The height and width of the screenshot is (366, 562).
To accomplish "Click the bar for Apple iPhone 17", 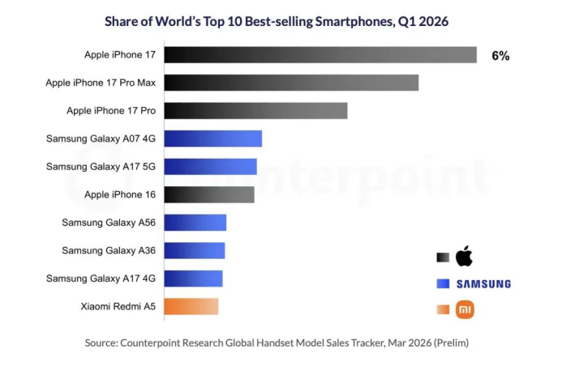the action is click(x=320, y=55).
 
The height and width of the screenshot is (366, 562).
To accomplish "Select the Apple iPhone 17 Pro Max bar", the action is click(x=291, y=83).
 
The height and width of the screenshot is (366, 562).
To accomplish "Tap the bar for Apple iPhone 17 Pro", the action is click(x=256, y=111).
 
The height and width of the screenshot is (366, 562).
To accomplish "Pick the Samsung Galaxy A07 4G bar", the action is click(x=213, y=138).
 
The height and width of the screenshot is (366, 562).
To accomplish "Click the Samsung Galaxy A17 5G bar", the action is click(x=211, y=166).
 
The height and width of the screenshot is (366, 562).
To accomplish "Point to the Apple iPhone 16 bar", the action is click(x=209, y=194).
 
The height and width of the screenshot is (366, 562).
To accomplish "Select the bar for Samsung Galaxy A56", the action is click(x=195, y=223).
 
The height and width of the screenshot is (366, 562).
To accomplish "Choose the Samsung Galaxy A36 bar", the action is click(x=195, y=250).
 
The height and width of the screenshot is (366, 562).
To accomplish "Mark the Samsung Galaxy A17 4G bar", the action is click(x=194, y=279).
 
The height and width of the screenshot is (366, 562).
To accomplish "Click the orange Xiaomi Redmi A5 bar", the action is click(x=191, y=306).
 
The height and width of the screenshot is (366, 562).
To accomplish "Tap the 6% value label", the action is click(x=500, y=56).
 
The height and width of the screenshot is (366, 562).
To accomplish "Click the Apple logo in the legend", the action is click(x=464, y=256).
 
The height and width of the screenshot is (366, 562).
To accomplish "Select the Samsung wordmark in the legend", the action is click(x=483, y=284).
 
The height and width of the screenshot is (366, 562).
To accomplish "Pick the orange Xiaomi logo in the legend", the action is click(x=465, y=309).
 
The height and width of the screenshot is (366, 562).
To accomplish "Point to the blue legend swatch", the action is click(x=443, y=283).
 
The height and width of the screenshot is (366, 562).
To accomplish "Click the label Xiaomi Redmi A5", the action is click(x=118, y=307).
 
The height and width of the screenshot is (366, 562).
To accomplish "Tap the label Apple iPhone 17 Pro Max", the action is click(x=101, y=83).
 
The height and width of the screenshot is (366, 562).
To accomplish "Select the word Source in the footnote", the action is click(x=100, y=343).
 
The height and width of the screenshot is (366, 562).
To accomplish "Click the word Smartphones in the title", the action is click(x=355, y=22).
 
